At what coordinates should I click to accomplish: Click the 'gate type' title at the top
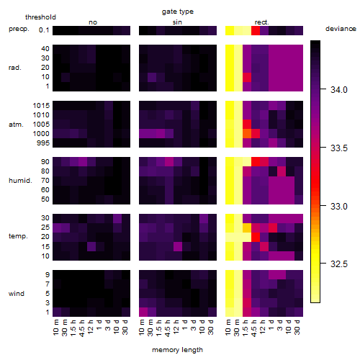178,12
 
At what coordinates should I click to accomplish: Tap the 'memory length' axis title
177,350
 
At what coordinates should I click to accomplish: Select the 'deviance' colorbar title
341,29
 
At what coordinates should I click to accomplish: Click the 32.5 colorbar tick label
339,264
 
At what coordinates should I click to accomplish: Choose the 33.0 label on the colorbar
339,206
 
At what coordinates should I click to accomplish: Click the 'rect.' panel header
261,22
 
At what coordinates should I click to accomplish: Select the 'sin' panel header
177,22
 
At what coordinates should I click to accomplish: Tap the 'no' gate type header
93,22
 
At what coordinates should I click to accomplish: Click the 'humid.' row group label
20,181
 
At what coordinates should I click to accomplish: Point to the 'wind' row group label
17,294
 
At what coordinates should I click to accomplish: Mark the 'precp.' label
19,29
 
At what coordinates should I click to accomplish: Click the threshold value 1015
41,106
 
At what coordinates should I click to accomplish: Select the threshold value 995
43,143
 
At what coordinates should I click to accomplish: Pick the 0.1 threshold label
44,30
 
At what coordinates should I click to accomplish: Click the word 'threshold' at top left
40,17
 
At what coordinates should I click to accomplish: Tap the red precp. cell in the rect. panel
256,30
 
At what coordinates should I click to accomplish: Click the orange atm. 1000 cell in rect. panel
247,134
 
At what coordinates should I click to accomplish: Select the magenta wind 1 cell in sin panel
143,312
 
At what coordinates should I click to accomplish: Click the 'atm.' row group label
16,125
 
